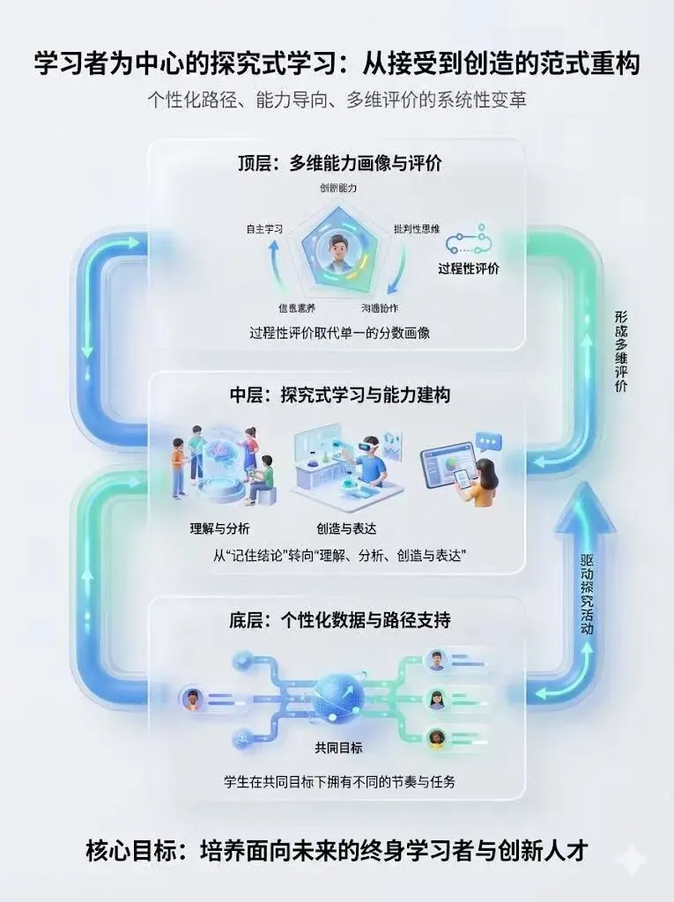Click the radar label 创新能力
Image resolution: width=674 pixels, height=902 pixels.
pos(338,189)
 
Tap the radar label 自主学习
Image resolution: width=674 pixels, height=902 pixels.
pos(264,229)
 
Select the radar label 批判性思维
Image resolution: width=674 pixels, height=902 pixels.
pos(417,229)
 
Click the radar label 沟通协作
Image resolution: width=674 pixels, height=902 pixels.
pos(380,308)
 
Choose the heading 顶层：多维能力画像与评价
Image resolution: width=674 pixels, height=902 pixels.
pos(338,163)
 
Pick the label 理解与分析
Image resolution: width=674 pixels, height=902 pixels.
pos(220,529)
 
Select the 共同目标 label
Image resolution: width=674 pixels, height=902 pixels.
pos(338,748)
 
